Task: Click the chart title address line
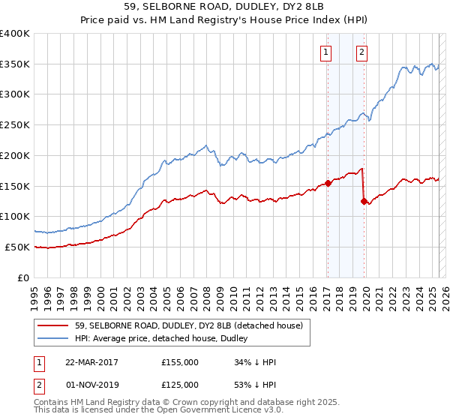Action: [225, 8]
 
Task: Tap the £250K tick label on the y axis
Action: [15, 124]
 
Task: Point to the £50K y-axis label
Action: [17, 247]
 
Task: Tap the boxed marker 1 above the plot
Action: [327, 52]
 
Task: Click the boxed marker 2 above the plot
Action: [362, 52]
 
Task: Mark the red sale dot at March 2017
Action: [328, 183]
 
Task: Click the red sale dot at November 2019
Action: [364, 201]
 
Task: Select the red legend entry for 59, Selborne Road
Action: [187, 325]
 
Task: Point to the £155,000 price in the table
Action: [180, 362]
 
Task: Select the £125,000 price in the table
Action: [180, 385]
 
